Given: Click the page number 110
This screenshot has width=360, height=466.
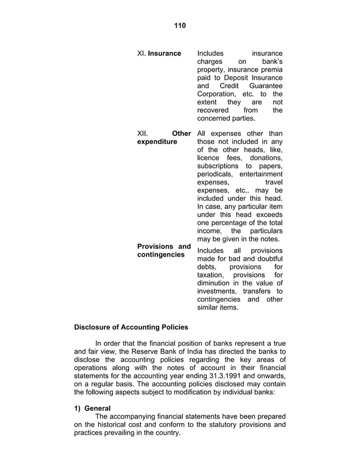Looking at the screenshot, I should point(179,25).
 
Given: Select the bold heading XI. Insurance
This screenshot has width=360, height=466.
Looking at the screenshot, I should point(159,54).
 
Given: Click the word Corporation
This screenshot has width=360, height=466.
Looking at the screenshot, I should point(217,94).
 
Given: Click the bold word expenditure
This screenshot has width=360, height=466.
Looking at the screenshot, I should point(157,142).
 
